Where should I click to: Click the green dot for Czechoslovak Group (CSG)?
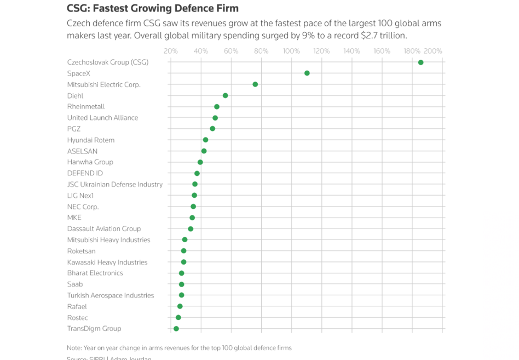point(420,62)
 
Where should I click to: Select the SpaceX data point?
point(307,73)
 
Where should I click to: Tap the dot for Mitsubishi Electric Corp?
point(255,84)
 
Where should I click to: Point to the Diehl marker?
point(225,95)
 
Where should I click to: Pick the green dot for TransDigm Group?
point(176,329)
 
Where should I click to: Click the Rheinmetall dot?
point(217,107)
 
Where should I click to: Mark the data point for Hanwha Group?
point(200,162)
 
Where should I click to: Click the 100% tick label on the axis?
point(291,52)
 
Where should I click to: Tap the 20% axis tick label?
point(171,52)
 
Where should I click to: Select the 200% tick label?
point(433,52)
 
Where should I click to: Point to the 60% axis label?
point(231,52)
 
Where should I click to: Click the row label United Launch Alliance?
point(102,118)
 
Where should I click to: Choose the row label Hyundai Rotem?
point(91,140)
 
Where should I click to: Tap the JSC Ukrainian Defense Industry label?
point(115,185)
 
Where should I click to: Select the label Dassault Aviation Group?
point(104,229)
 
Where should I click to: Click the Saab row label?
point(75,284)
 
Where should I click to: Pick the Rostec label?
point(78,318)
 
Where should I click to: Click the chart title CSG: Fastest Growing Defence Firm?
point(152,9)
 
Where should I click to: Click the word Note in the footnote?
point(74,348)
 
